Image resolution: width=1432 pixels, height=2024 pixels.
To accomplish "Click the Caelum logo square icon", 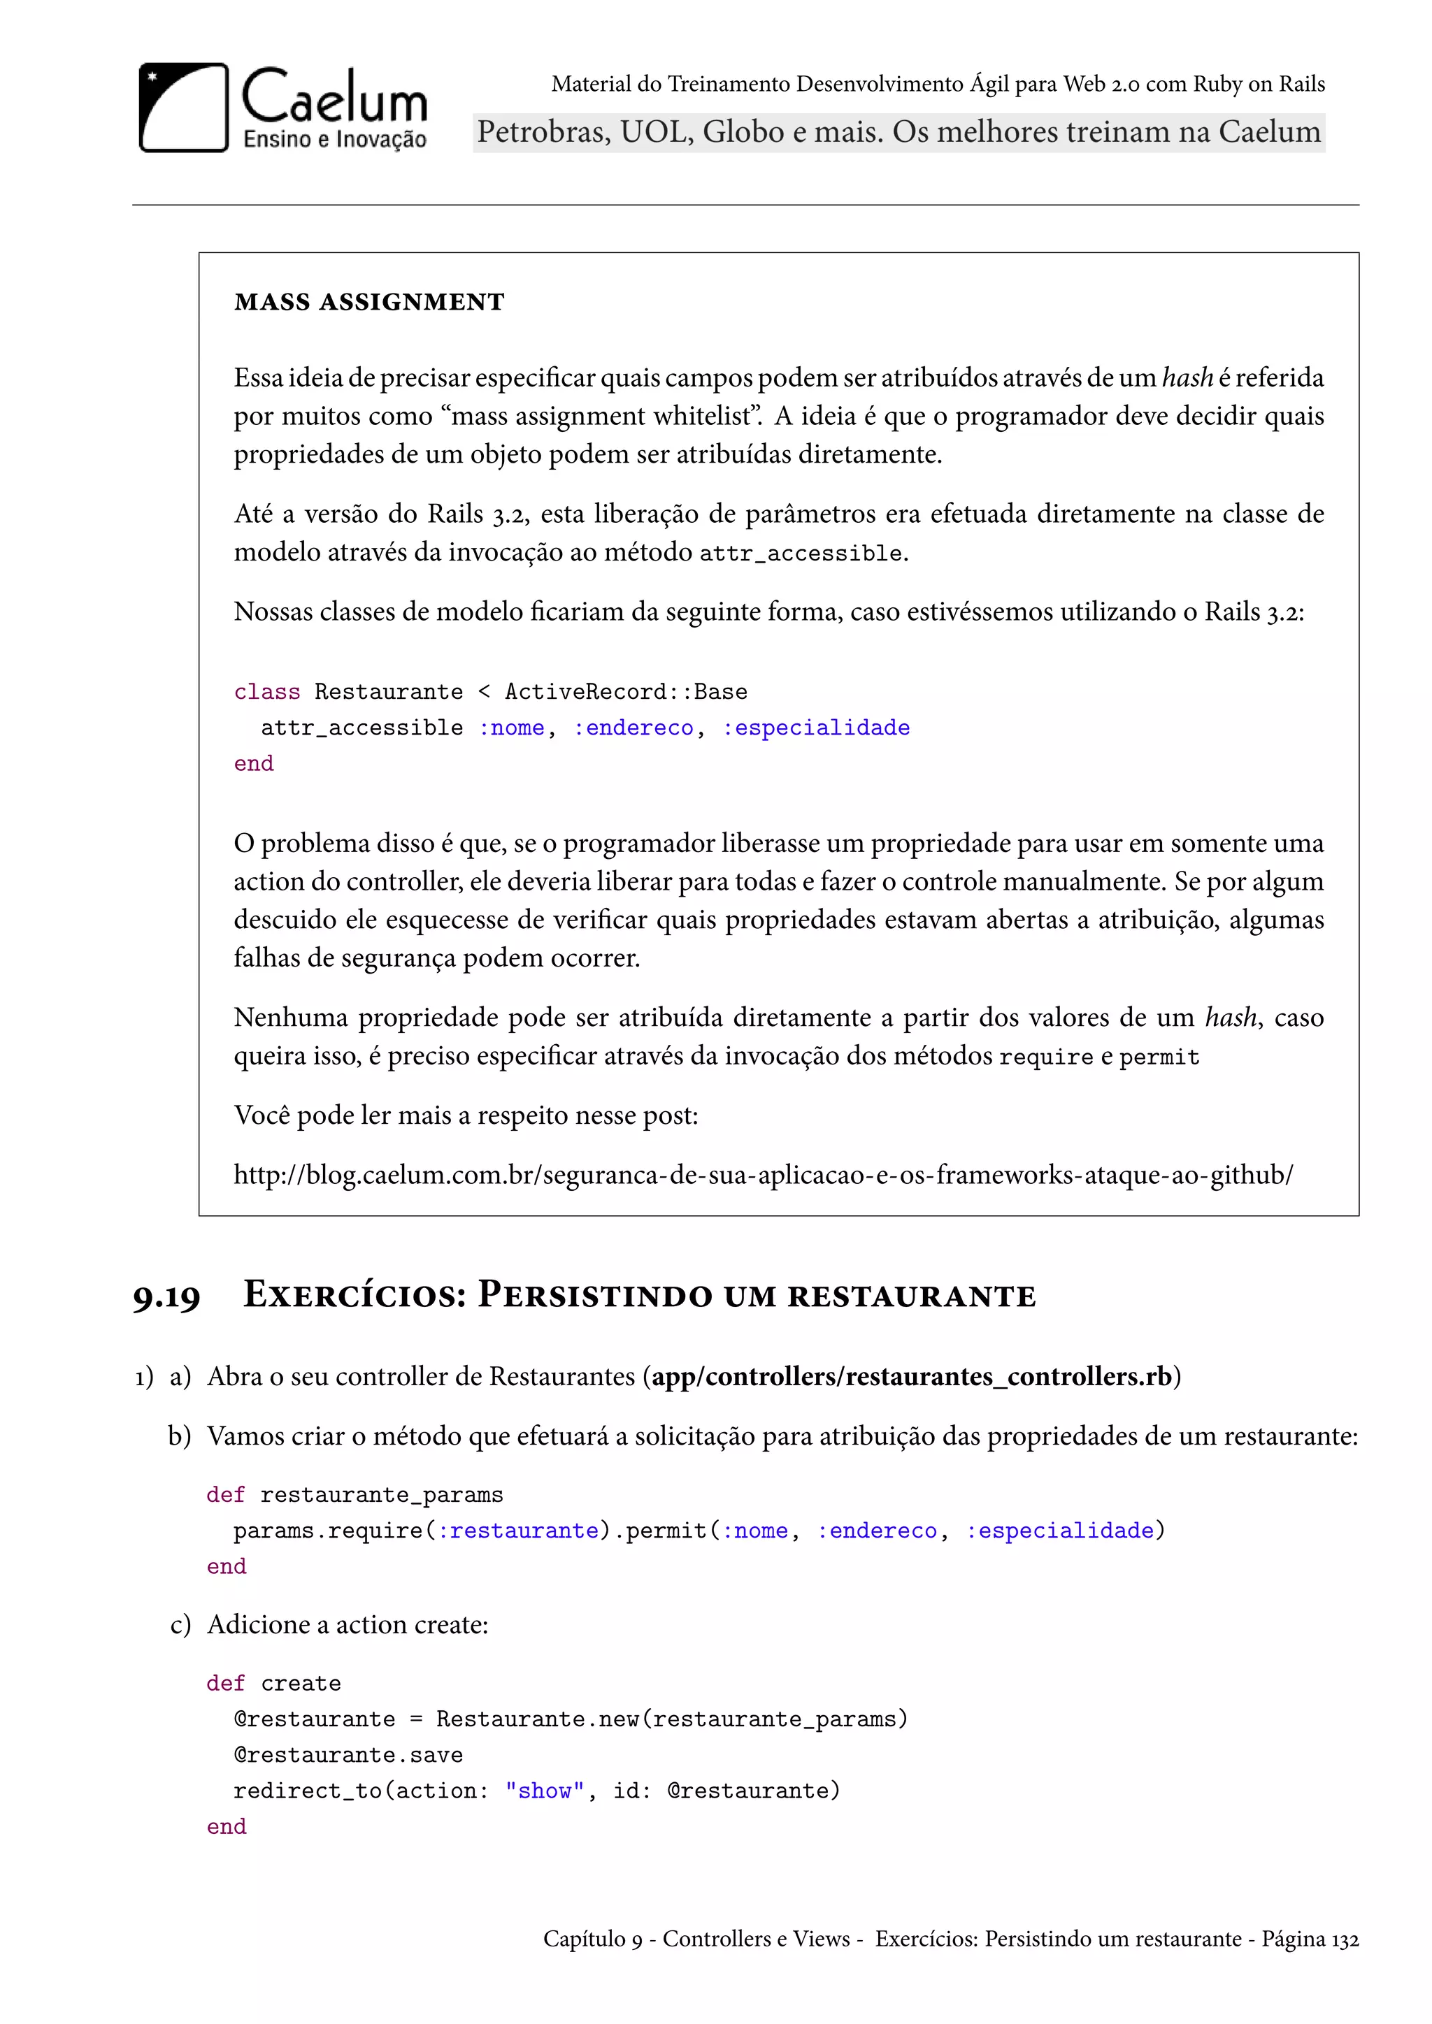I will tap(183, 108).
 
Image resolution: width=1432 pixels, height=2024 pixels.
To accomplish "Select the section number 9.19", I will tap(166, 1296).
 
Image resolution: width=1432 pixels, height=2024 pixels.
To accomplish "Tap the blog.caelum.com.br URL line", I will tap(763, 1174).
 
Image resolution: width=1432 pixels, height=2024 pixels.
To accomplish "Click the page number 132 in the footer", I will tap(1345, 1939).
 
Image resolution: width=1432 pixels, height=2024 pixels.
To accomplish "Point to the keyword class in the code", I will tap(266, 692).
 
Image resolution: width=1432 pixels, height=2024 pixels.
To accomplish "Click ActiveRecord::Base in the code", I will tap(625, 692).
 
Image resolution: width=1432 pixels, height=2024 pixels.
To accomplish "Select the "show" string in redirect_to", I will tap(544, 1791).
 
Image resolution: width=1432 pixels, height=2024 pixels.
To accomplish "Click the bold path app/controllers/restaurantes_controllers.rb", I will tap(912, 1376).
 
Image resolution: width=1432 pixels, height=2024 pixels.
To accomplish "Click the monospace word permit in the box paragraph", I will tap(1159, 1057).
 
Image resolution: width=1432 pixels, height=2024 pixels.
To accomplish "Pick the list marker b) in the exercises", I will tap(179, 1436).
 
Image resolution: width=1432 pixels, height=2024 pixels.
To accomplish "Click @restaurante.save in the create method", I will tap(348, 1754).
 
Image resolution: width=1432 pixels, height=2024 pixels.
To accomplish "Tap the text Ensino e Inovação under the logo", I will tap(334, 139).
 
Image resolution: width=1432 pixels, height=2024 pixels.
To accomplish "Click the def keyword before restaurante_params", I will tap(225, 1495).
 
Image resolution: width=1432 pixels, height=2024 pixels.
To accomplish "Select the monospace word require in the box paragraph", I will tap(1046, 1057).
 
